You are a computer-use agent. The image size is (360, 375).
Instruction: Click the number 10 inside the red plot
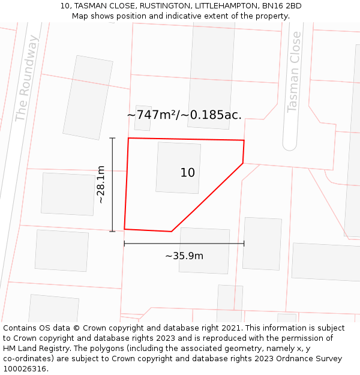(x=188, y=173)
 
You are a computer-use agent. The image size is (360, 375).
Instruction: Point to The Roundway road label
(x=27, y=78)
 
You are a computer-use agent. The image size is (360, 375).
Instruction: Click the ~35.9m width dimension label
(x=184, y=256)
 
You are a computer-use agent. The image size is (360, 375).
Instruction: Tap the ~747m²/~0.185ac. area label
(x=184, y=115)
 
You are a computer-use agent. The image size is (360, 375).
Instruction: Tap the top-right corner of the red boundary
(x=244, y=140)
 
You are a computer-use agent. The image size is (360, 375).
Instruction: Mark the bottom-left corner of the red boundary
(x=124, y=229)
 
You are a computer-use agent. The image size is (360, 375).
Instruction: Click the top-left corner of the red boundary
(x=128, y=138)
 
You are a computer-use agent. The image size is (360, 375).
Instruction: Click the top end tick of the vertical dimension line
(x=112, y=138)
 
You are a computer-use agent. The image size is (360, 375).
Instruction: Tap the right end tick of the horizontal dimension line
(x=244, y=244)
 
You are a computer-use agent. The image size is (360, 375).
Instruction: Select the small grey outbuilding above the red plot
(x=143, y=118)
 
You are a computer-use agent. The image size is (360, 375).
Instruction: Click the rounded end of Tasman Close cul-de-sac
(x=290, y=145)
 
